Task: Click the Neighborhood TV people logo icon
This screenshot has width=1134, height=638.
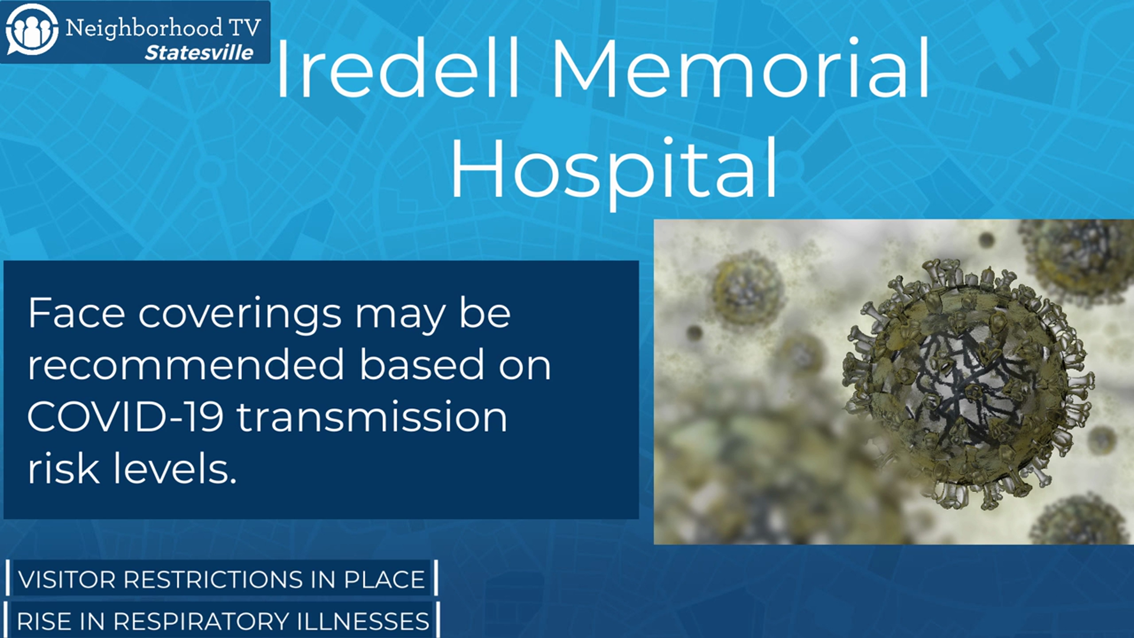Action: click(32, 30)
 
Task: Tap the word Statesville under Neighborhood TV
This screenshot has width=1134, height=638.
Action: click(199, 53)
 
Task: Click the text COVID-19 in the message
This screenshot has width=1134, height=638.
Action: click(125, 416)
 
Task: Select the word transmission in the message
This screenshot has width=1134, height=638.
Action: click(372, 416)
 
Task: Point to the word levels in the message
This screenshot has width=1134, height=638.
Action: click(175, 468)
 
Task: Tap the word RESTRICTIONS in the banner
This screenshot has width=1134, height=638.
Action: click(213, 580)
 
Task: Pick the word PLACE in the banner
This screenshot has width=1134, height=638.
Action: click(384, 580)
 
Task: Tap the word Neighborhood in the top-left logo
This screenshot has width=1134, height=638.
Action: click(144, 28)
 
